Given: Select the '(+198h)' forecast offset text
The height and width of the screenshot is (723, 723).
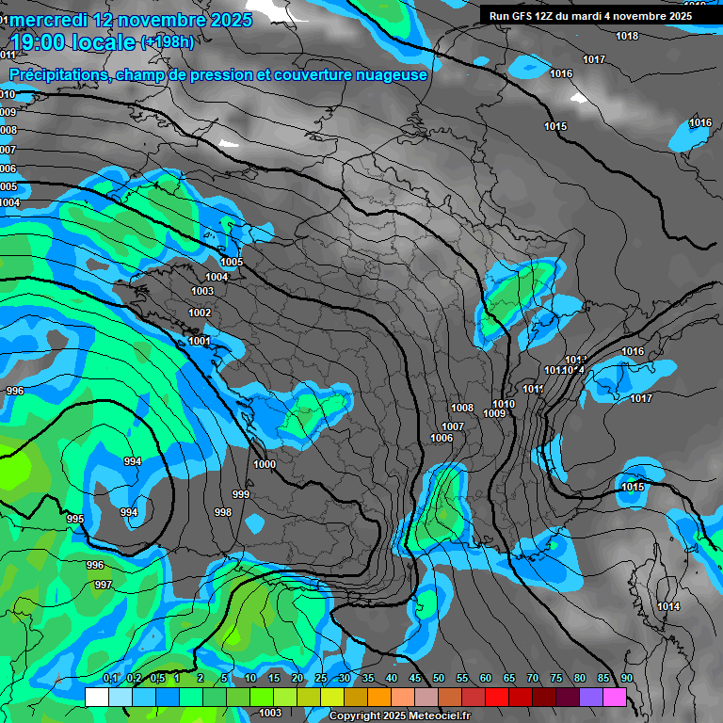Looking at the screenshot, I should pyautogui.click(x=168, y=42).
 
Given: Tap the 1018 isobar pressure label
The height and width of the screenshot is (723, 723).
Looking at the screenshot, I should pyautogui.click(x=627, y=37).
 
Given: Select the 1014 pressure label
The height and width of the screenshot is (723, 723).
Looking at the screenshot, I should pyautogui.click(x=669, y=606).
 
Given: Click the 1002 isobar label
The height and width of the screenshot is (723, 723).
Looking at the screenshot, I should pyautogui.click(x=200, y=313).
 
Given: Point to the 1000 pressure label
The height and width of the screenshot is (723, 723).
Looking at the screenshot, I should pyautogui.click(x=265, y=464).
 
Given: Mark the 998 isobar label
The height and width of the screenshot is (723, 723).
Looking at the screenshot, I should pyautogui.click(x=223, y=512).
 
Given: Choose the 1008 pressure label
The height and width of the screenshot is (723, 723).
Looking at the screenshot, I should pyautogui.click(x=462, y=408).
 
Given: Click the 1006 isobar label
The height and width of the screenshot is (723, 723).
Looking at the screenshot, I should pyautogui.click(x=442, y=438).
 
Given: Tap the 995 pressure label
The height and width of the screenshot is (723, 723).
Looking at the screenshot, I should pyautogui.click(x=75, y=519).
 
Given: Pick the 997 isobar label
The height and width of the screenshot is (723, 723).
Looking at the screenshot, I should pyautogui.click(x=104, y=585).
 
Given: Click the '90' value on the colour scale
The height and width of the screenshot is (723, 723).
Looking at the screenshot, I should pyautogui.click(x=627, y=679).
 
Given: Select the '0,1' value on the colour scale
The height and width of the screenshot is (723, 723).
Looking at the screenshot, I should pyautogui.click(x=110, y=679).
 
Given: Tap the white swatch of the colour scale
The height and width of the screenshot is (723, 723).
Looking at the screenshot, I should pyautogui.click(x=96, y=697).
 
